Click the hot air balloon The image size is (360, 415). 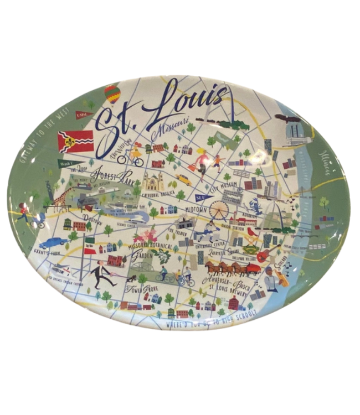coord(112,94)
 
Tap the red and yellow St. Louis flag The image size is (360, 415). coord(75,141)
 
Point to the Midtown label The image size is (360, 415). coord(194,210)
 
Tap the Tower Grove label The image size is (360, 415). coord(138,289)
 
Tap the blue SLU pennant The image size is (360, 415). coord(203,197)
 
